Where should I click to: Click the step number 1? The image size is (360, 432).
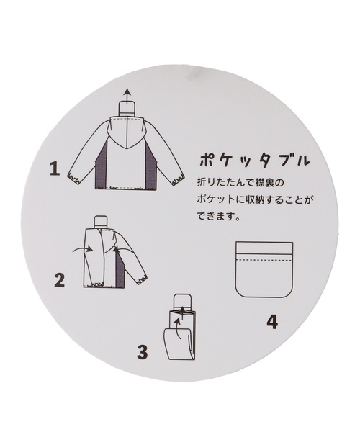[55, 169]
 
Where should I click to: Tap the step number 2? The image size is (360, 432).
[59, 280]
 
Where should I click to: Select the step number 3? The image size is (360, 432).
[142, 352]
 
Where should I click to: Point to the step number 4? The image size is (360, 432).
[272, 322]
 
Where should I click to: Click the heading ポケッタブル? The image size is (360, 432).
[253, 161]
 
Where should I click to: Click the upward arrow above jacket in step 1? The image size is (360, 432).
[127, 96]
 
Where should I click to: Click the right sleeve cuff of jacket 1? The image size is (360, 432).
[179, 179]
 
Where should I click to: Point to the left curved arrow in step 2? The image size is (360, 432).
[83, 249]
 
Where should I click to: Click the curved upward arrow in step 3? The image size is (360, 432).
[178, 328]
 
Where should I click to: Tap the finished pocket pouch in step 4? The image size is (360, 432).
[264, 269]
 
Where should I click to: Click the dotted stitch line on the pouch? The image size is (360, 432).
[264, 260]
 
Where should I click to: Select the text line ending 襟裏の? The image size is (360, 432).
[240, 183]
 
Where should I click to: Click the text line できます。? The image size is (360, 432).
[217, 215]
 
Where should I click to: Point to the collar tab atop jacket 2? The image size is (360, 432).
[100, 222]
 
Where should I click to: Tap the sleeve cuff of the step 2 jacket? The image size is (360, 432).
[142, 278]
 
